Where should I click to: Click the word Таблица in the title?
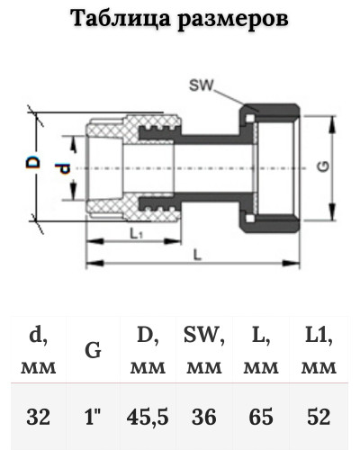pyautogui.click(x=120, y=19)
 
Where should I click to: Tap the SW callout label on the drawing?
pyautogui.click(x=201, y=85)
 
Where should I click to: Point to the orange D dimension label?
pyautogui.click(x=32, y=162)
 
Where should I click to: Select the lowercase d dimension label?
pyautogui.click(x=64, y=169)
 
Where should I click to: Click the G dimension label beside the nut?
pyautogui.click(x=323, y=166)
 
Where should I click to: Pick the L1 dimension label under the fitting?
pyautogui.click(x=136, y=233)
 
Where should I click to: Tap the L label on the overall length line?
pyautogui.click(x=197, y=255)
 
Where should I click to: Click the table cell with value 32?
pyautogui.click(x=38, y=417)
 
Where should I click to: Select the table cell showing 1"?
pyautogui.click(x=93, y=417)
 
